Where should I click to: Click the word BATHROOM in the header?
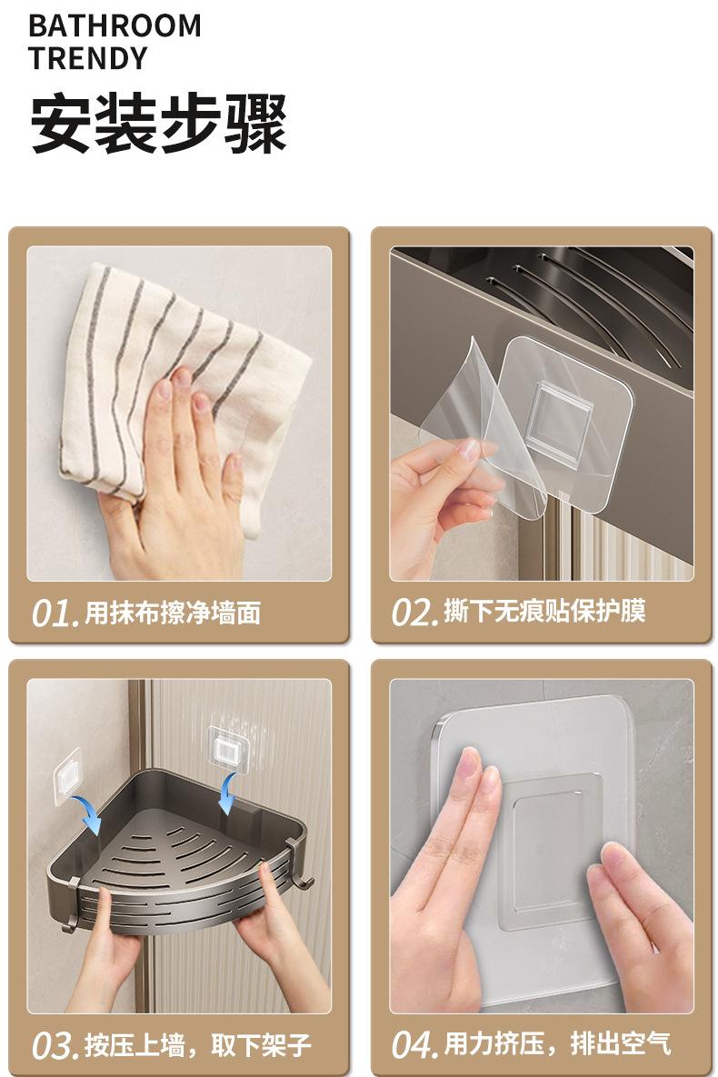tap(115, 25)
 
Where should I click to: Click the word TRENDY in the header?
tap(88, 57)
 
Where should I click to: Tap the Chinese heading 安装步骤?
tap(158, 124)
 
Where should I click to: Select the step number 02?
tap(414, 612)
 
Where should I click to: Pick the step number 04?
tap(415, 1044)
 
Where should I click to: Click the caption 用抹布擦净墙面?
tap(173, 613)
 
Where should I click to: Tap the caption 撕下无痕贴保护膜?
tap(544, 611)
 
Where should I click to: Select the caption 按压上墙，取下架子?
tap(198, 1045)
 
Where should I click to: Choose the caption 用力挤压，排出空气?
tap(557, 1044)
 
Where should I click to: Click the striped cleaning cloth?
tap(180, 384)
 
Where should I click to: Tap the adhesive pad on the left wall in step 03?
tap(68, 775)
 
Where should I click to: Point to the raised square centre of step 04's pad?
tap(553, 851)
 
